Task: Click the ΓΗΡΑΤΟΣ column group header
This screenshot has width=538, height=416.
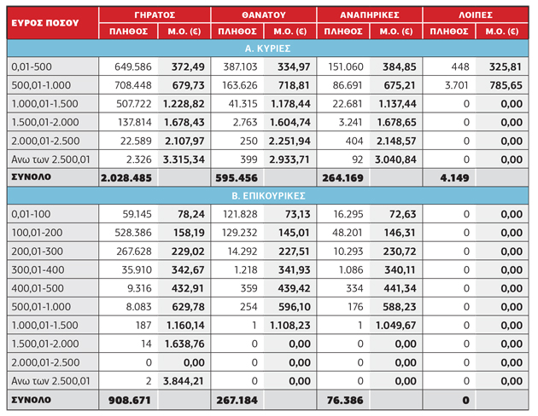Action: point(155,15)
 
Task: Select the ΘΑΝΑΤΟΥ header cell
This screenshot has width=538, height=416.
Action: point(264,15)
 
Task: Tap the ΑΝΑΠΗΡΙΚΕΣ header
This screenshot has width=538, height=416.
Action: point(370,15)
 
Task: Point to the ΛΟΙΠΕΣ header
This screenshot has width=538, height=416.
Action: point(476,15)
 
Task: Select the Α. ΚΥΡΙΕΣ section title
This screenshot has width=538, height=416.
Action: point(267,49)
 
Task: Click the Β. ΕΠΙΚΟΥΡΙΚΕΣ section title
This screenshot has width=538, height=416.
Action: point(268,196)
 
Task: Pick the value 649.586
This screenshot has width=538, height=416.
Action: point(132,66)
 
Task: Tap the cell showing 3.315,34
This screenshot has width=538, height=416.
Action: point(184,159)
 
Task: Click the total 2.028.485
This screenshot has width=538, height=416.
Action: point(126,178)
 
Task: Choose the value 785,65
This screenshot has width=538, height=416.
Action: point(506,85)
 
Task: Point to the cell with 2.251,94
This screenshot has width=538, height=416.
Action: point(289,141)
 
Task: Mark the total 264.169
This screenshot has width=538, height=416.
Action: point(342,178)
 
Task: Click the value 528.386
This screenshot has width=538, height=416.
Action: point(132,233)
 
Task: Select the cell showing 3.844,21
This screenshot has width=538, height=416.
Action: point(184,381)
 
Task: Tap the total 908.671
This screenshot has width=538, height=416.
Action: point(130,400)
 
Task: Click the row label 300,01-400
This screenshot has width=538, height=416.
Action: point(38,269)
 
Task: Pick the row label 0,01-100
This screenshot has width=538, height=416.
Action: point(31,214)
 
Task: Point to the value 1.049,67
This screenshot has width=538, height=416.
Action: point(395,326)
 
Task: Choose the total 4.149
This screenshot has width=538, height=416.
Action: point(454,178)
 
